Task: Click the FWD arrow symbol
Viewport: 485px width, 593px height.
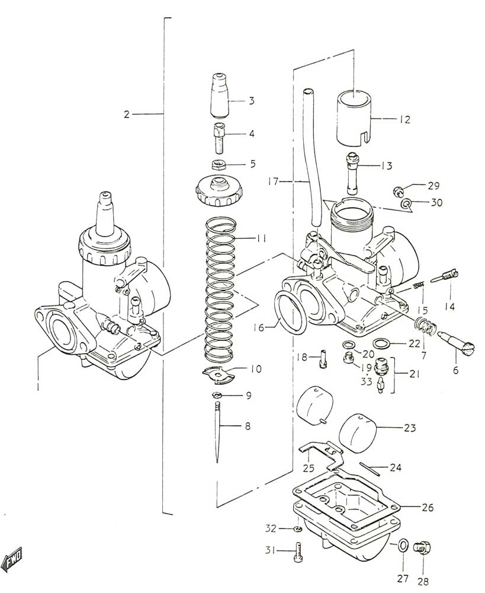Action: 12,557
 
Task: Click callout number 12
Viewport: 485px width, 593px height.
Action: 404,120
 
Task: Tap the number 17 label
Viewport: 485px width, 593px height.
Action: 273,182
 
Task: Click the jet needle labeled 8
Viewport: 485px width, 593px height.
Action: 217,432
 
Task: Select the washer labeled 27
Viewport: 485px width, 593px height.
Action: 402,546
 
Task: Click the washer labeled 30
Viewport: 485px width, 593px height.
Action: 406,204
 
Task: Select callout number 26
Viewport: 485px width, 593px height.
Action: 428,507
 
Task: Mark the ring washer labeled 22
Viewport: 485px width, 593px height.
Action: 382,344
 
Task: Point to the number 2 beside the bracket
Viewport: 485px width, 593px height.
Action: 127,114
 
